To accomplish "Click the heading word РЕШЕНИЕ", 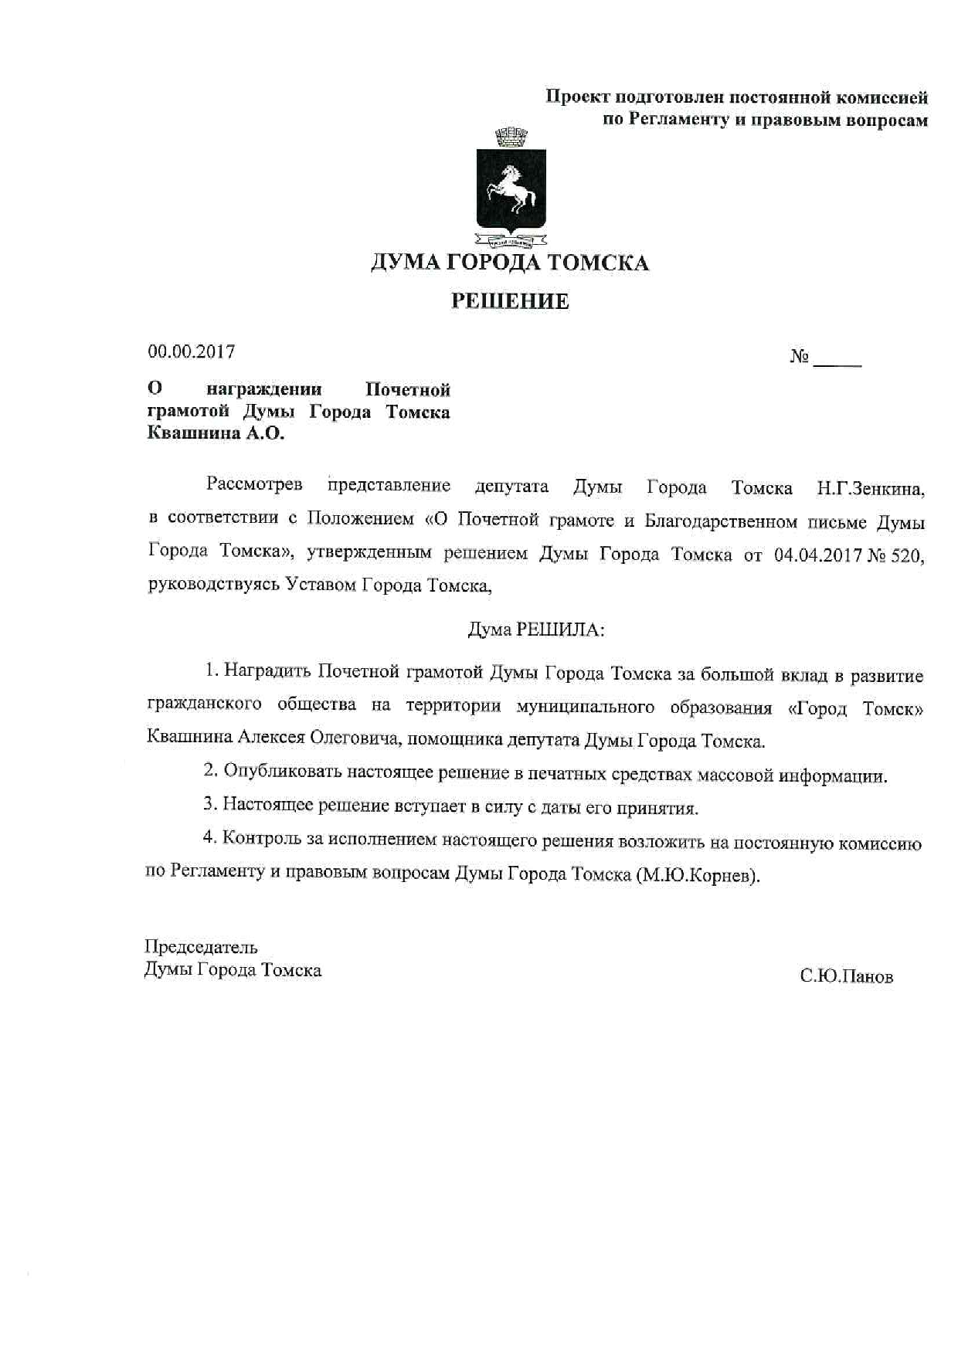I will (x=510, y=301).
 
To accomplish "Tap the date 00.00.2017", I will (x=192, y=352).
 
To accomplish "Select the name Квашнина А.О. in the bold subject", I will (x=216, y=434).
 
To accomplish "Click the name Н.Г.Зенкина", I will (x=871, y=488).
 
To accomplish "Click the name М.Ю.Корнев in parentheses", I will (x=698, y=877).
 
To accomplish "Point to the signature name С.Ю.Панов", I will (x=847, y=977).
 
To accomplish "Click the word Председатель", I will (x=201, y=947).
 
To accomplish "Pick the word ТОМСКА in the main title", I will (x=598, y=263).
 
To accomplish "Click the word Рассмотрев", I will (x=254, y=486).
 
